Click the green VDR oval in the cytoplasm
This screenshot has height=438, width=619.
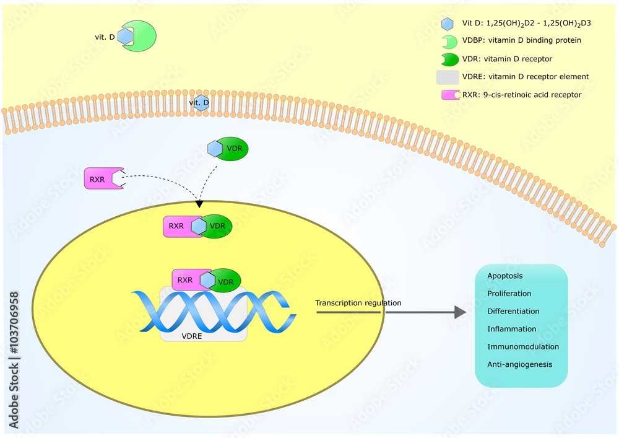[x=234, y=149]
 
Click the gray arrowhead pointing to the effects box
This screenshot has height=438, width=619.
[x=459, y=312]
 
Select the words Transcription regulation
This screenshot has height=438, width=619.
[x=358, y=303]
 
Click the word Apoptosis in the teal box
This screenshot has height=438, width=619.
[x=504, y=276]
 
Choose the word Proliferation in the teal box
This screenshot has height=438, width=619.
[x=509, y=294]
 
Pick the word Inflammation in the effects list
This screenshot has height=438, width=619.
[x=511, y=329]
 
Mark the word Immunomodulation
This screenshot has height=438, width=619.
[x=522, y=347]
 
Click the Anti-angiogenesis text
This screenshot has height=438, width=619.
[x=519, y=364]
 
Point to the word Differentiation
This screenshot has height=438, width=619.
[x=513, y=311]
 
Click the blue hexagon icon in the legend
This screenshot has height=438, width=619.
[x=447, y=24]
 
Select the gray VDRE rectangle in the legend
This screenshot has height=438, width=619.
[x=447, y=77]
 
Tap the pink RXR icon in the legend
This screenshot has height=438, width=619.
[x=448, y=95]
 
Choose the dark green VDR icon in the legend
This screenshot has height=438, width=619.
[x=448, y=59]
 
